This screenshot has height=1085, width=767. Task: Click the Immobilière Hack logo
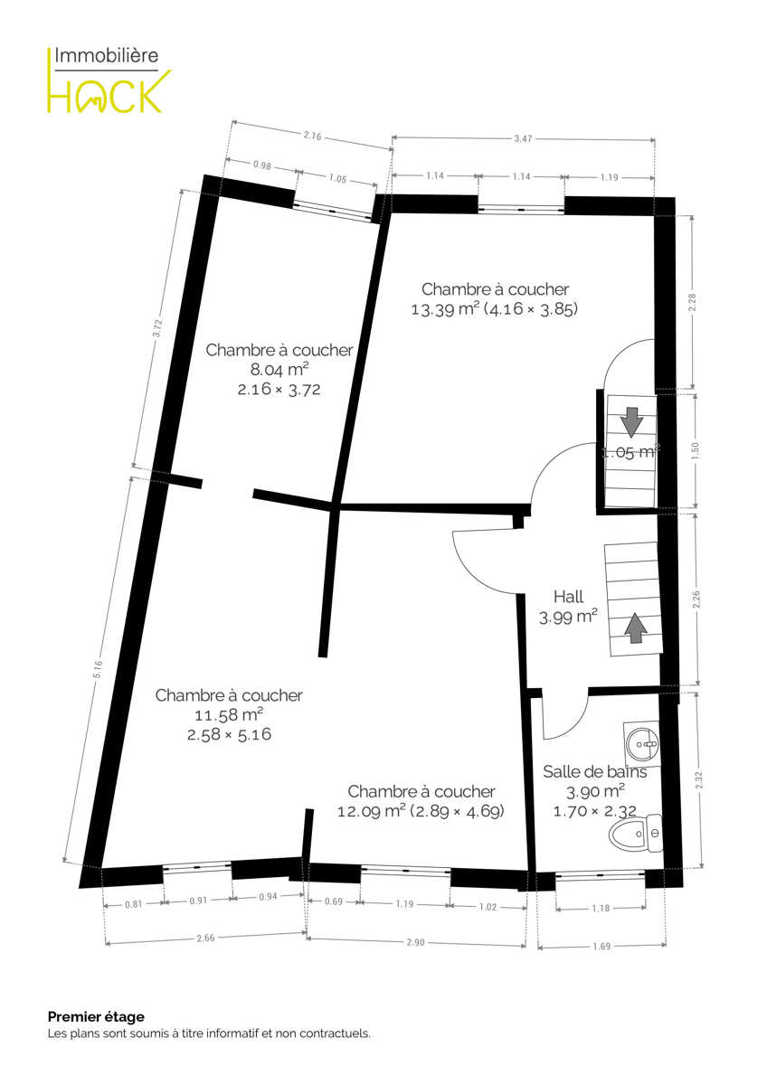pyautogui.click(x=109, y=80)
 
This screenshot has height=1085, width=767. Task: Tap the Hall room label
pyautogui.click(x=568, y=596)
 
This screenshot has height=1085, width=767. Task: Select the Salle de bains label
pyautogui.click(x=594, y=771)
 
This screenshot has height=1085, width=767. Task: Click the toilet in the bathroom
pyautogui.click(x=636, y=833)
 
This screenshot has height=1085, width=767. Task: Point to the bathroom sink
pyautogui.click(x=642, y=743)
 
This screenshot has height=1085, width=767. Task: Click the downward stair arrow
pyautogui.click(x=632, y=420)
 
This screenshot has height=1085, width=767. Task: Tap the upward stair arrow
pyautogui.click(x=636, y=627)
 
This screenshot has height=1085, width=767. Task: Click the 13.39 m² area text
pyautogui.click(x=445, y=309)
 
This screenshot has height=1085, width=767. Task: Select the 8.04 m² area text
pyautogui.click(x=279, y=370)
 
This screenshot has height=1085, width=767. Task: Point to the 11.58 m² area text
pyautogui.click(x=229, y=714)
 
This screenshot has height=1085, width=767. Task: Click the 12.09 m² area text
pyautogui.click(x=371, y=811)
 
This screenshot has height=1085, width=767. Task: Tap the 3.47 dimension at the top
pyautogui.click(x=524, y=138)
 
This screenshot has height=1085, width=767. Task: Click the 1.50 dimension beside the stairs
pyautogui.click(x=696, y=451)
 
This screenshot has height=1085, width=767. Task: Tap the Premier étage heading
pyautogui.click(x=96, y=1016)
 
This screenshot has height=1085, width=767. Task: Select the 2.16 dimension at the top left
pyautogui.click(x=313, y=136)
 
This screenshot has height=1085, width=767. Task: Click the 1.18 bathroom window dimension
pyautogui.click(x=601, y=908)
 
